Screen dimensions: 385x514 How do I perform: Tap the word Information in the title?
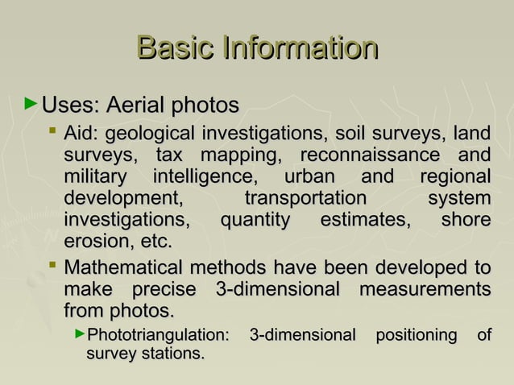coord(301,48)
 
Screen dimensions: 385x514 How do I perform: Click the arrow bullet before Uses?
coord(31,104)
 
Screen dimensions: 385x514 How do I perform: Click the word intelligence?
coord(205,176)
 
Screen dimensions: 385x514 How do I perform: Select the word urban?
coord(309,176)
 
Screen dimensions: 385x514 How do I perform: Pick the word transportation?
coord(305,198)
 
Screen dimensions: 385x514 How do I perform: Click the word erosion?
coord(97,242)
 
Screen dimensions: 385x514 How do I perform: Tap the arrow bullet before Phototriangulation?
coord(78,333)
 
